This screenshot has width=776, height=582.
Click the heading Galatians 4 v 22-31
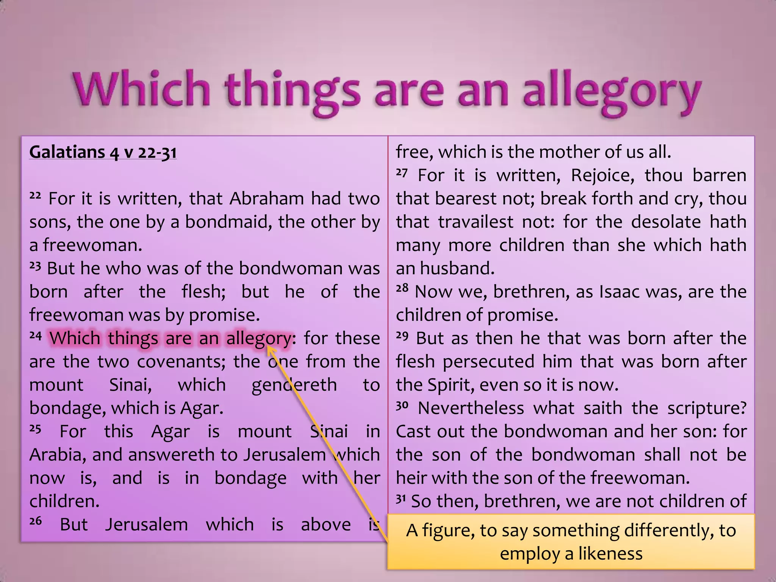click(x=103, y=152)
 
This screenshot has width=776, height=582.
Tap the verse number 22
click(x=35, y=196)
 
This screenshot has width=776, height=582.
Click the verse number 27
click(x=402, y=173)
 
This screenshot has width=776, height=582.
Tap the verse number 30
click(x=402, y=405)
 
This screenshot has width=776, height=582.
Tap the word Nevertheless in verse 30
click(x=471, y=408)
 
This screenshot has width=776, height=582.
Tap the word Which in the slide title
click(x=141, y=89)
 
